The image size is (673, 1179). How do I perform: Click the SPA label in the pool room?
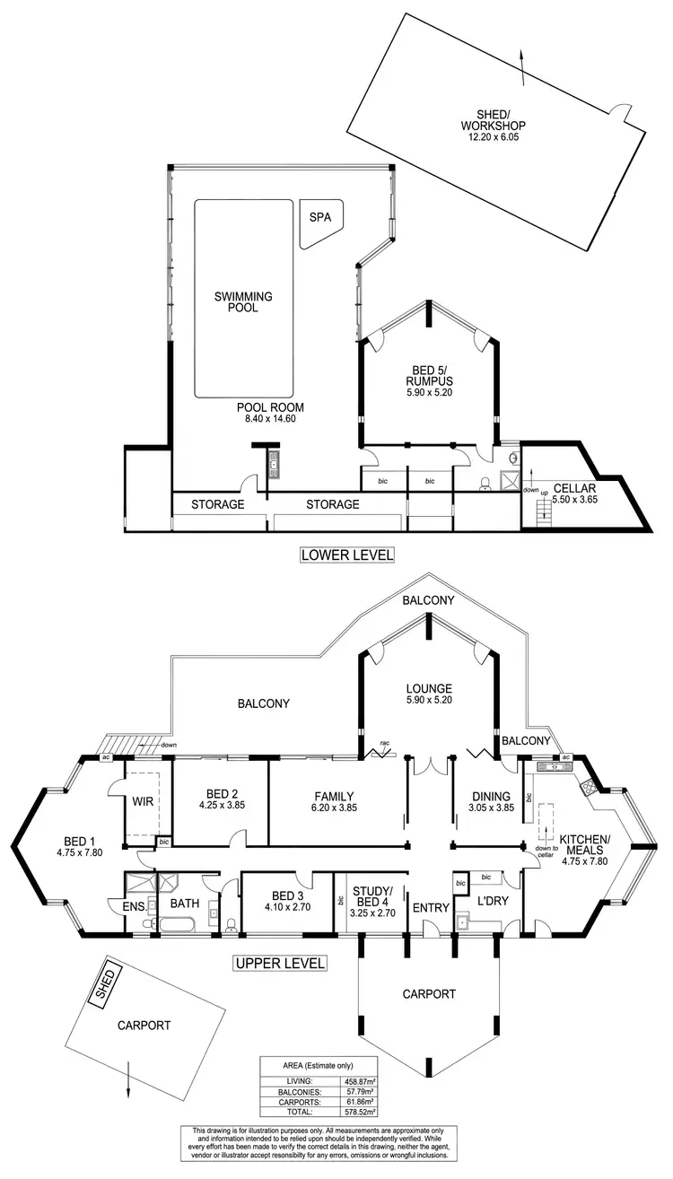[x=319, y=217]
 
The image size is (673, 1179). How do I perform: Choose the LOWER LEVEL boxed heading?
[x=347, y=555]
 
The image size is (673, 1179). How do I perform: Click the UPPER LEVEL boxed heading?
[x=280, y=964]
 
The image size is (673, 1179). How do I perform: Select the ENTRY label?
[x=430, y=908]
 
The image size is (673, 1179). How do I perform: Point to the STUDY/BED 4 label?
[x=368, y=896]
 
